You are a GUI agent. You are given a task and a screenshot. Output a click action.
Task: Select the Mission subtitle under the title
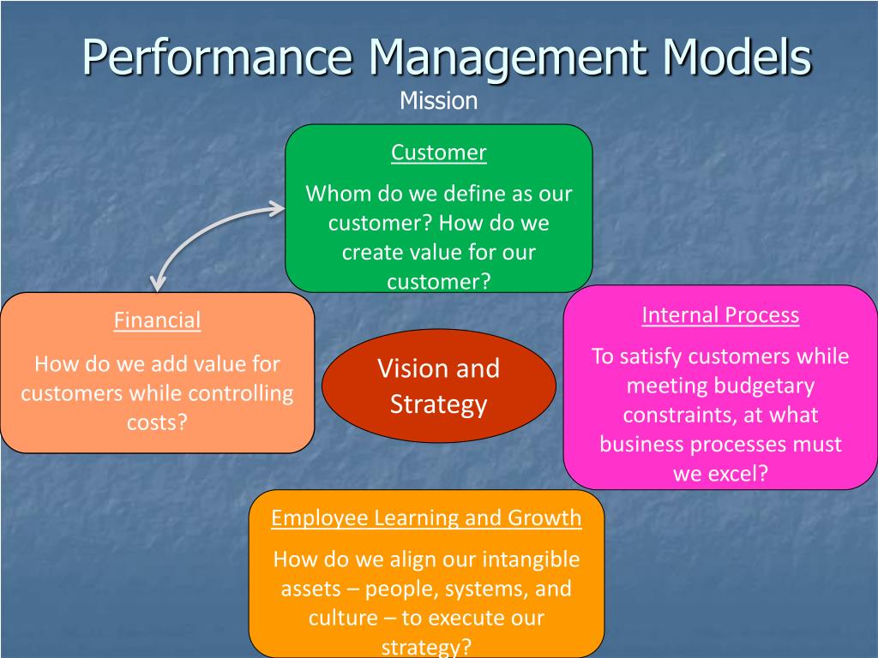click(438, 101)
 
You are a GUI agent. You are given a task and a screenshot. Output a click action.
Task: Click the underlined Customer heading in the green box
click(438, 153)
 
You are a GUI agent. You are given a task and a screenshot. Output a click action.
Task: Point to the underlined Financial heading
click(157, 320)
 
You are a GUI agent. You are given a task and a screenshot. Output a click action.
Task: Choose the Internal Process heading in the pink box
click(720, 314)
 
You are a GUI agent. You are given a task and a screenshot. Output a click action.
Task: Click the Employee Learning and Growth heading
click(426, 517)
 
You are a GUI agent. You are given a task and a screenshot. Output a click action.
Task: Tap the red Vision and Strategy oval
click(438, 386)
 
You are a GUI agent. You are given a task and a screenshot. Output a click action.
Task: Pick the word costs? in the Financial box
click(157, 422)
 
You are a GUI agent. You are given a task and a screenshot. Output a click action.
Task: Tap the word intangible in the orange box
click(531, 559)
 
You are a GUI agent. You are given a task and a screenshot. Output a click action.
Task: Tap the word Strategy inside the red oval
click(438, 404)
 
